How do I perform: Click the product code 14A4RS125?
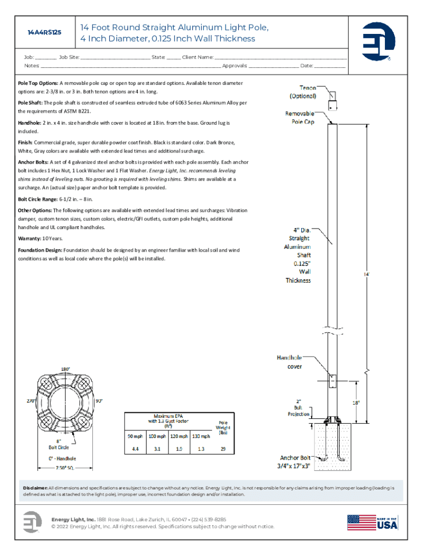coord(44,32)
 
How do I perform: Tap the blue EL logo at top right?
coord(378,41)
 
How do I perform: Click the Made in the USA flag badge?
coord(372,522)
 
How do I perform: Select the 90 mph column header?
coord(135,436)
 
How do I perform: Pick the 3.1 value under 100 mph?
coord(157,449)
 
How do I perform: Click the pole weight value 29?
coord(223,449)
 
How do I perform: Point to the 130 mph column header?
coord(201,436)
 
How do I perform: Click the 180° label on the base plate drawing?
coord(66,369)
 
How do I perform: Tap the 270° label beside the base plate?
coord(31,401)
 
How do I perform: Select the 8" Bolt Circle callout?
coord(59,444)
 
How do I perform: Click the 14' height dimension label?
coord(367,275)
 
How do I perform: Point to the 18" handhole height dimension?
coord(356,402)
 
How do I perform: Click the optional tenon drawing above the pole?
coord(332,101)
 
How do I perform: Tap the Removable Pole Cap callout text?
coord(300,118)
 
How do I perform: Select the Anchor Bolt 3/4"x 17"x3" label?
coord(294,462)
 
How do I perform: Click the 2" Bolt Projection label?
coord(299,407)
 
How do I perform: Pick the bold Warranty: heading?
coord(30,238)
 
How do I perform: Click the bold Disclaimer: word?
coord(35,488)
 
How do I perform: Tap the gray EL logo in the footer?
coord(32,522)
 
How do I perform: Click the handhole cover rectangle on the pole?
coord(332,381)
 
